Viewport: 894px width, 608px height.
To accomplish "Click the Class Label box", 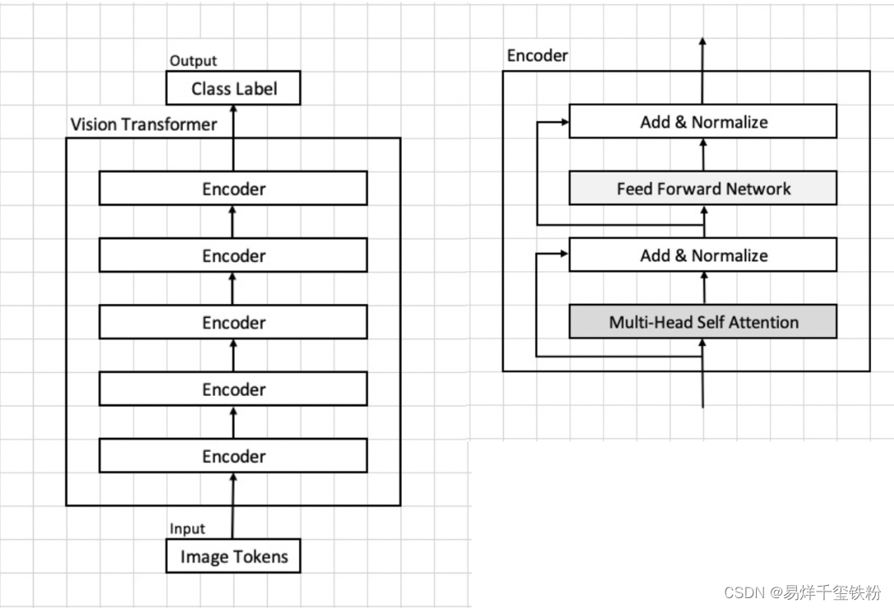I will click(x=233, y=88).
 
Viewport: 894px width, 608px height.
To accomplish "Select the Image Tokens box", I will click(x=233, y=556).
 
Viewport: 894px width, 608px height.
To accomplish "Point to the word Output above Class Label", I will click(x=193, y=61).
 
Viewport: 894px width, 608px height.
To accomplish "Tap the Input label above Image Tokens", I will click(x=187, y=528).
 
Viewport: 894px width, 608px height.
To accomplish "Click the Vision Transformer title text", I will click(x=144, y=124).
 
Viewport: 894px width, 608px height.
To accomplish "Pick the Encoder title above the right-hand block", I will click(x=537, y=56).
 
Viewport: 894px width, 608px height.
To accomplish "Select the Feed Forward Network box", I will click(x=703, y=188).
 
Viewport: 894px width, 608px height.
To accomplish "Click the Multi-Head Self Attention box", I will click(x=703, y=322).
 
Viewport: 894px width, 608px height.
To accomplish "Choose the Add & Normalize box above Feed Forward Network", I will click(x=703, y=122).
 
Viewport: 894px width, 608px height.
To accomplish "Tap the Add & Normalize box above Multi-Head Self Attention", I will click(x=703, y=255).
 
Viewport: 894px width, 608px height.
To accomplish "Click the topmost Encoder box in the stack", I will click(x=233, y=189).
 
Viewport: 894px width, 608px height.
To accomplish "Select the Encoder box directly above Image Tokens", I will click(x=233, y=456).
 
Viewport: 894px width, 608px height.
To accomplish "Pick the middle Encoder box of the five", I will click(x=233, y=322).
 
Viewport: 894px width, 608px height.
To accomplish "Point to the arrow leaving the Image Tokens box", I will click(x=233, y=509).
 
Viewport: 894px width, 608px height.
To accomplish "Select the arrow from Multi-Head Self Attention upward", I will click(x=703, y=288).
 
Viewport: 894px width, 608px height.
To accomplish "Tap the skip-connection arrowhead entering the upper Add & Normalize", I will click(x=564, y=122).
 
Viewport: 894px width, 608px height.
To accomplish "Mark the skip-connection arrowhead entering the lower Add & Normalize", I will click(x=564, y=255).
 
